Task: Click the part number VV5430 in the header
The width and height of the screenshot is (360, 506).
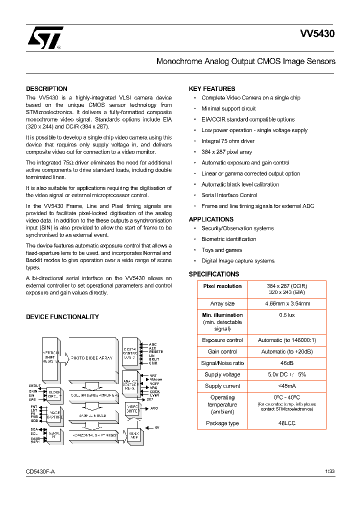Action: (317, 34)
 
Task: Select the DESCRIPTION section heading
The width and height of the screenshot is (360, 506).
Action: (46, 89)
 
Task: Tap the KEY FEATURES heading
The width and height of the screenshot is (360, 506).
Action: (211, 89)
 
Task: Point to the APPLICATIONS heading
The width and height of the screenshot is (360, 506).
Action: (211, 219)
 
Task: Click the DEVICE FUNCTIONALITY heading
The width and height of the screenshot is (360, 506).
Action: (62, 317)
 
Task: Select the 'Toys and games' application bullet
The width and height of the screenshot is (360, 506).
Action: (221, 250)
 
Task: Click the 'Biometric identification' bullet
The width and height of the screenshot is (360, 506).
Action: (228, 239)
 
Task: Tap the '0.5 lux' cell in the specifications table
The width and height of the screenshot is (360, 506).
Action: (287, 315)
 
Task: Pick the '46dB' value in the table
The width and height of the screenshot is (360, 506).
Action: (287, 363)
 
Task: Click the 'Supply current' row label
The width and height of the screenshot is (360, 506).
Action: (222, 386)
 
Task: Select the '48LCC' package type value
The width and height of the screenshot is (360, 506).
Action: (287, 423)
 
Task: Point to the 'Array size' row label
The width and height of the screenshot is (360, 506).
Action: (222, 303)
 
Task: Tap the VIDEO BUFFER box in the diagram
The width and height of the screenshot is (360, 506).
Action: (132, 408)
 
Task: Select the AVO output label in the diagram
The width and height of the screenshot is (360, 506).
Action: (154, 408)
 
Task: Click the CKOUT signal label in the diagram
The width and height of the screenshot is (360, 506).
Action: (34, 386)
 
